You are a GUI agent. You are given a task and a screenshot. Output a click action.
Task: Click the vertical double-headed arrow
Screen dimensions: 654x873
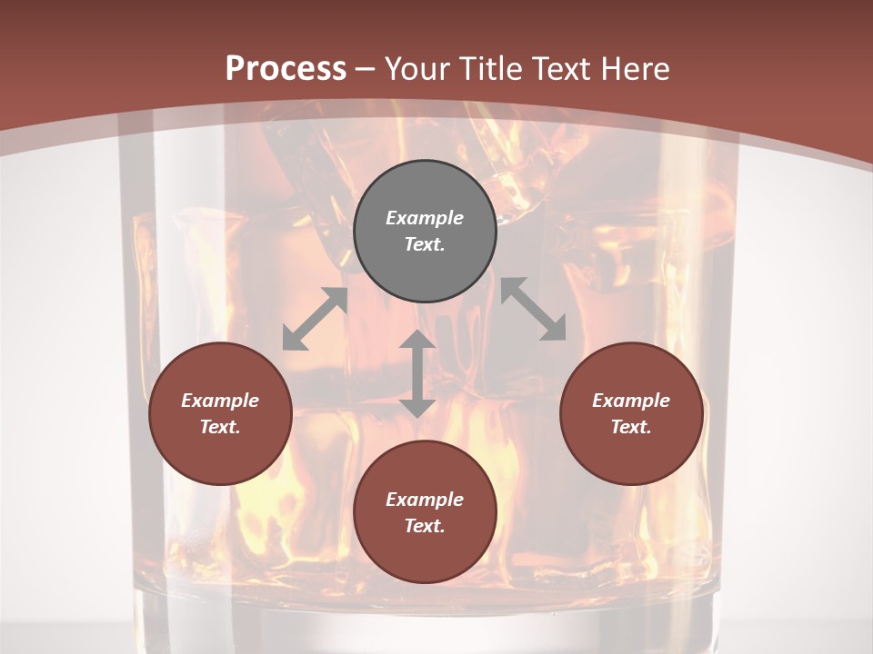417,373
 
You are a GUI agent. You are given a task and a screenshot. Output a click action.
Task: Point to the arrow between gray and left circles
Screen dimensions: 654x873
315,319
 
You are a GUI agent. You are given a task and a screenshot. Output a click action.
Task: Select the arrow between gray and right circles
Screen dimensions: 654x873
533,309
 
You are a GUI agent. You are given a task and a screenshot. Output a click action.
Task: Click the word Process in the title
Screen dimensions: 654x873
286,69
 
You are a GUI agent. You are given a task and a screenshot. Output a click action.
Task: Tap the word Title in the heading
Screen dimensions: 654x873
489,69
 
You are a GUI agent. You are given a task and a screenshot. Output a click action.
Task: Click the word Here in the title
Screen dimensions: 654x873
632,69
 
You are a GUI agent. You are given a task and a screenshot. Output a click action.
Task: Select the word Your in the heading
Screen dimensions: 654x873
417,69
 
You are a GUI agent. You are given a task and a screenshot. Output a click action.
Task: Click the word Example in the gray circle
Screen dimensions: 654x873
425,218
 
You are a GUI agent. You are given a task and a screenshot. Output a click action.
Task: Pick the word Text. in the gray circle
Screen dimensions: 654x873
425,244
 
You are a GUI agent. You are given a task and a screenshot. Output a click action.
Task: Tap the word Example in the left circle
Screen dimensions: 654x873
220,401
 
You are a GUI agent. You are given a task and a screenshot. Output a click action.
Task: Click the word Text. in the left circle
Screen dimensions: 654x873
220,427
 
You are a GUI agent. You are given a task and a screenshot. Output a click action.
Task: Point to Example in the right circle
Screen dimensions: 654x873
631,401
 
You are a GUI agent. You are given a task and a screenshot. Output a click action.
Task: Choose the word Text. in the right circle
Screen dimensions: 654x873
631,427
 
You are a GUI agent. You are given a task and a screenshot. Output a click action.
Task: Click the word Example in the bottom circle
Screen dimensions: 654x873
425,500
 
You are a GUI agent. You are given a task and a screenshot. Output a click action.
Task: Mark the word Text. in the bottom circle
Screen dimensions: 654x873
425,526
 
